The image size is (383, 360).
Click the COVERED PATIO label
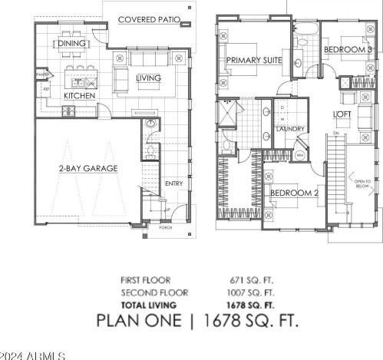(150, 15)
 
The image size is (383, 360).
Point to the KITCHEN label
(78, 96)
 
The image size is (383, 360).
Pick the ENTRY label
(174, 183)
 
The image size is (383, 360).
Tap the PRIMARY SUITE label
(253, 60)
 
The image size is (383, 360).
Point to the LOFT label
(342, 115)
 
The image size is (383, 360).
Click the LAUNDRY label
(291, 129)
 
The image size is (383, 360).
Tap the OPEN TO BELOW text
(361, 184)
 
